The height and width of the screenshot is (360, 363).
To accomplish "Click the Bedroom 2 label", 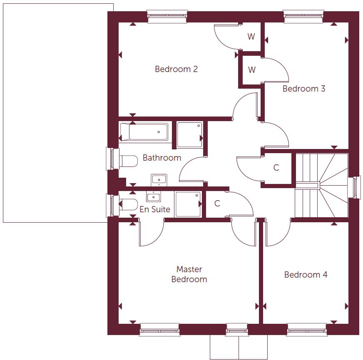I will tap(176, 69).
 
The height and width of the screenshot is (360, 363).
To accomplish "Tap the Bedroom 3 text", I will tap(303, 89).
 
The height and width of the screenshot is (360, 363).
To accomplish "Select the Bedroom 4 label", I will tap(306, 275).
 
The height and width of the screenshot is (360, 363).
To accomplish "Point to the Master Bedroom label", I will tap(189, 274).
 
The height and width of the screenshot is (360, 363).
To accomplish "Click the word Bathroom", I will tap(162, 158).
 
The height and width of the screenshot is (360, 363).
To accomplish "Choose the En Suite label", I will tap(154, 209).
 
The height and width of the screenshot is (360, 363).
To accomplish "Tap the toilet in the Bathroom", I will tap(128, 161).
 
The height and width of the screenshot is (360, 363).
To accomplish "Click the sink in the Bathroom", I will tap(159, 180).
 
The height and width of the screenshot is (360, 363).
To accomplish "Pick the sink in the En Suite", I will tap(153, 196).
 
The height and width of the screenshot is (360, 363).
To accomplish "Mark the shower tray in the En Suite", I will tap(188, 204).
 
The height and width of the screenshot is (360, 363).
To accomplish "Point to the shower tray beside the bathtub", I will tap(190, 134).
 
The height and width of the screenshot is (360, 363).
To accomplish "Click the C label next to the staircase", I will tap(276, 168).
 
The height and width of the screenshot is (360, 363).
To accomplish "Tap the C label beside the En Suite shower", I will tap(217, 204).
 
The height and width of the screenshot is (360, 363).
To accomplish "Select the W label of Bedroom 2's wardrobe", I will tap(251, 37).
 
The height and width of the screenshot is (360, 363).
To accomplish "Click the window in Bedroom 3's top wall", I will tap(303, 17).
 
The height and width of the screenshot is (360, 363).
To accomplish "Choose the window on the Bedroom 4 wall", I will tap(306, 330).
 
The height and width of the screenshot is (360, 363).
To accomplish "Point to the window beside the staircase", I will tap(355, 188).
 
